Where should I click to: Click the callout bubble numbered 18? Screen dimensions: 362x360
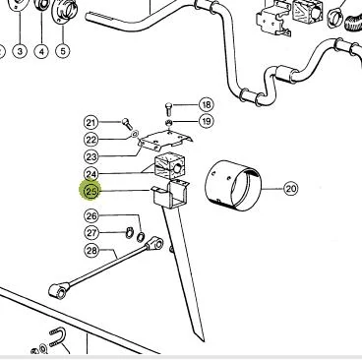tap(207, 105)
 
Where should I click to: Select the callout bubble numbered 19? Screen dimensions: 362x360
tap(207, 122)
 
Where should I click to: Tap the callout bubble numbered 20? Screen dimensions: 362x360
tap(291, 189)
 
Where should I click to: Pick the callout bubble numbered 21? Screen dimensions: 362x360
tap(91, 123)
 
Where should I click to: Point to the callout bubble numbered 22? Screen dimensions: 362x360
tap(91, 140)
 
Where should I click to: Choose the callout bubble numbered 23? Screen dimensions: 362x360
tap(91, 156)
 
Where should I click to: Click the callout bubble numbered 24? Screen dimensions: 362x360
tap(91, 174)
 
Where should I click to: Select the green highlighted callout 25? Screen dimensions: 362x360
tap(91, 191)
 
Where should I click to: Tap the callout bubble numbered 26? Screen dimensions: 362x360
tap(91, 216)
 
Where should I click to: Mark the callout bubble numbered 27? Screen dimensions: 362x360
tap(91, 233)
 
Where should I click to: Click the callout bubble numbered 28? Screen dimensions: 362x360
tap(91, 251)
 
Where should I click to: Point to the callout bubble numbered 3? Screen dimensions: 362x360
tap(21, 51)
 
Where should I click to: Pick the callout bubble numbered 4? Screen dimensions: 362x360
tap(41, 51)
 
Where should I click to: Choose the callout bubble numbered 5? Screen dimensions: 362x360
tap(63, 51)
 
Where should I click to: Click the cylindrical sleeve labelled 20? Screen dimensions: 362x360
tap(232, 184)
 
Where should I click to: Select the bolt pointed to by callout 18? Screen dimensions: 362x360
tap(168, 109)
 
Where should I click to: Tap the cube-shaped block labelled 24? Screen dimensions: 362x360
tap(169, 166)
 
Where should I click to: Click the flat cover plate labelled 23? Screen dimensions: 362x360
tap(165, 140)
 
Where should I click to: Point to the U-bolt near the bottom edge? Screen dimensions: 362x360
tap(58, 337)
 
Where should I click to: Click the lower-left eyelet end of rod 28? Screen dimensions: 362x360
tap(58, 291)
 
